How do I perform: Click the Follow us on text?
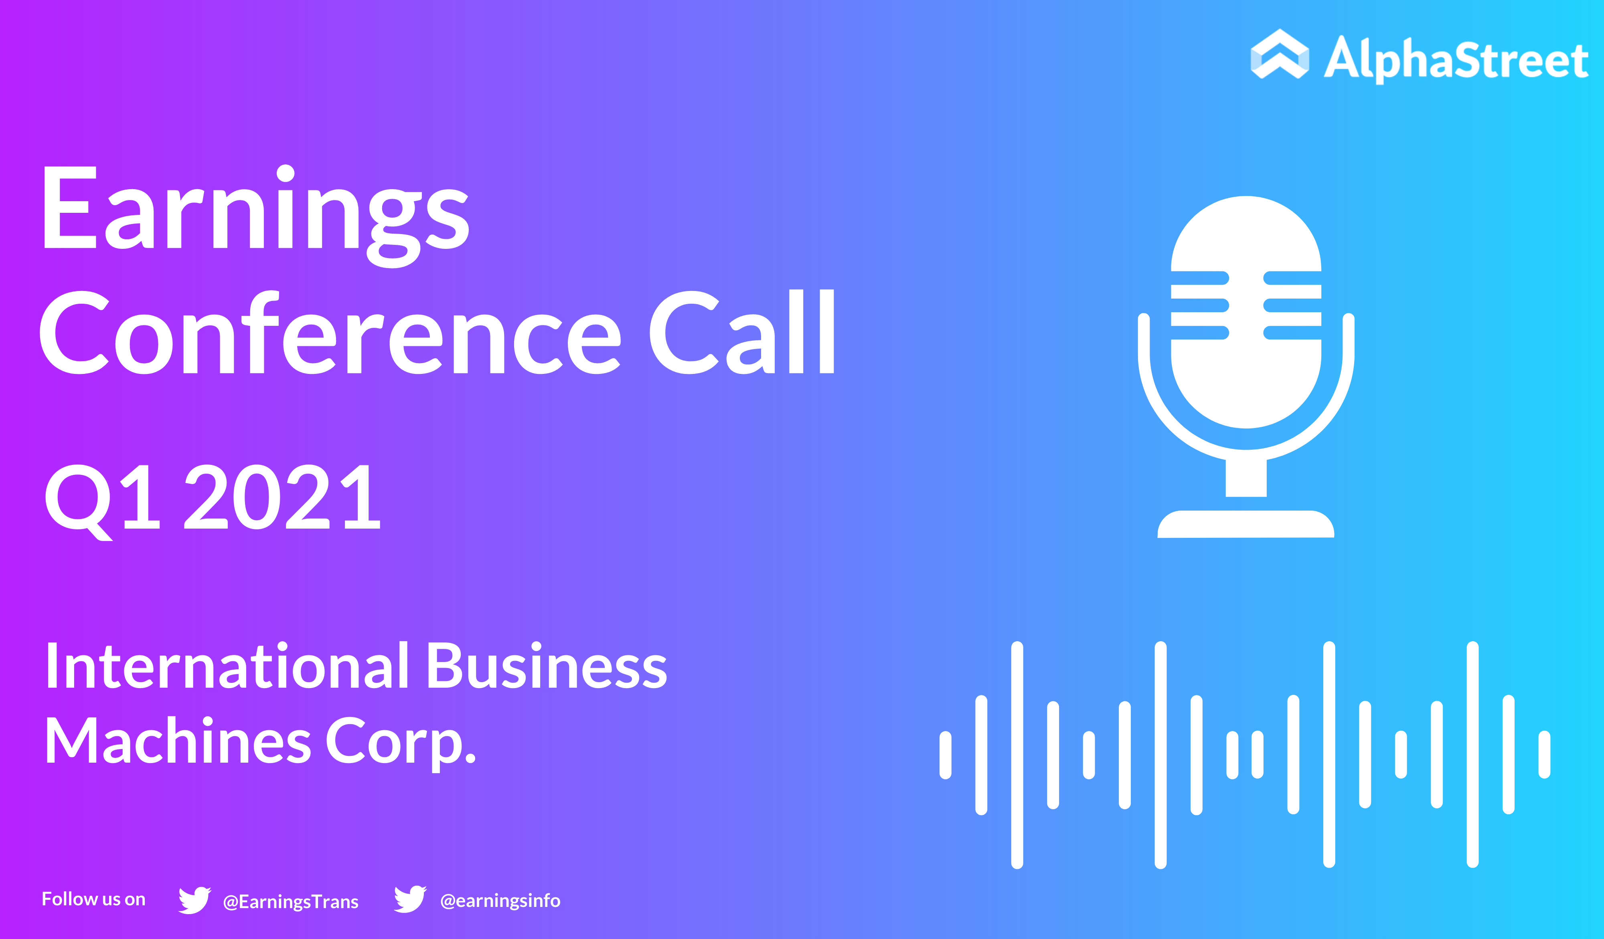pos(93,899)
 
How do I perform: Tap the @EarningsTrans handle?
pos(291,901)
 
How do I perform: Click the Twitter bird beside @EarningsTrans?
pos(195,900)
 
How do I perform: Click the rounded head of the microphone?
pos(1246,312)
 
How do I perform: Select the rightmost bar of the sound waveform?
pos(1544,755)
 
